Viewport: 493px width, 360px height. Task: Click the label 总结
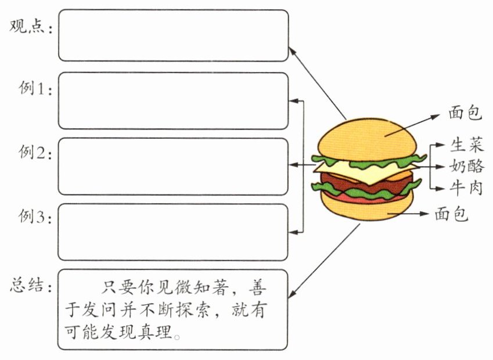tap(28, 286)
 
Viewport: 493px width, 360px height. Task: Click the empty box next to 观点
tap(173, 35)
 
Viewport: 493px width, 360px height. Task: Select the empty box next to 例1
tap(173, 100)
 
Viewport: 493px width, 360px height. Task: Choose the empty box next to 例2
tap(173, 166)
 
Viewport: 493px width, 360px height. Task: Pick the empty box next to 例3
tap(173, 232)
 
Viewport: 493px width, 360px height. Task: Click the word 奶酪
tap(466, 166)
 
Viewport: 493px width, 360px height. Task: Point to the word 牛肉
tap(466, 187)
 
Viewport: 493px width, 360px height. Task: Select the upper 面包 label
tap(465, 113)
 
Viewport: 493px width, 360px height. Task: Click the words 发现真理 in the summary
tap(143, 334)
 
